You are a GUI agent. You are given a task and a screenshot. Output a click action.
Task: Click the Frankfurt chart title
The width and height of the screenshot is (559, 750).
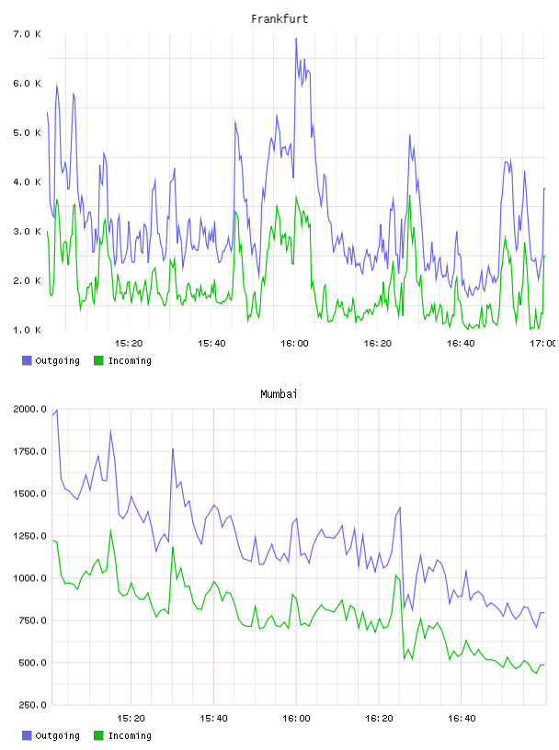[279, 18]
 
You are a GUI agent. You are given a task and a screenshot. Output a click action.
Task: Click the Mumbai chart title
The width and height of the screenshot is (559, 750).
[279, 393]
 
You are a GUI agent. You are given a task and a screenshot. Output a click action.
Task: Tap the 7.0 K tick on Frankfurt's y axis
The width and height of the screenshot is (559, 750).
[28, 34]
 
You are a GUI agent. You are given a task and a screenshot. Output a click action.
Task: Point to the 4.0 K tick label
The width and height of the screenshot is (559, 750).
[28, 182]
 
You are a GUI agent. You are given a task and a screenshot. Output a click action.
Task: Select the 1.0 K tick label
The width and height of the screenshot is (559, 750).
[28, 330]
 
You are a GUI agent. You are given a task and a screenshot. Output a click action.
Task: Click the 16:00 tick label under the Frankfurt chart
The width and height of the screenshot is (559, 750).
[294, 343]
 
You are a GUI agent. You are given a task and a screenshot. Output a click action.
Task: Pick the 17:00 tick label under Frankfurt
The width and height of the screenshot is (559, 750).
[543, 343]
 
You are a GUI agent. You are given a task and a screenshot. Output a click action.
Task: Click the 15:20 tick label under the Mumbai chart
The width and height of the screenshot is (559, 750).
[131, 718]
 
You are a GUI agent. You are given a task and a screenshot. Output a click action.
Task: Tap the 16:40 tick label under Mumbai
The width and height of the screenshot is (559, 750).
[462, 718]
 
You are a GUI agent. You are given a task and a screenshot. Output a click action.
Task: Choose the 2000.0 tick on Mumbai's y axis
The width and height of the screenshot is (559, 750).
[29, 409]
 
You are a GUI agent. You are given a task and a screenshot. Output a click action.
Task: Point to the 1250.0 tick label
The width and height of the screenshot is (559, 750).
[29, 536]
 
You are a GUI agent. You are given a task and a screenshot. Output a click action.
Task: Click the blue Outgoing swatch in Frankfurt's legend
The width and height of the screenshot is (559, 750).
[27, 360]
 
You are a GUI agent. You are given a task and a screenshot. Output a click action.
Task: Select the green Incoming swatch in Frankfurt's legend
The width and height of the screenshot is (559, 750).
[98, 360]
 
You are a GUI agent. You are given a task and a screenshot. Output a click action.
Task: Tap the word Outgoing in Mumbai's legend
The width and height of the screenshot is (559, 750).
[57, 735]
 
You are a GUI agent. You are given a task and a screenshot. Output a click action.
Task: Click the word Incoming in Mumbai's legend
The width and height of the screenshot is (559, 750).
[130, 735]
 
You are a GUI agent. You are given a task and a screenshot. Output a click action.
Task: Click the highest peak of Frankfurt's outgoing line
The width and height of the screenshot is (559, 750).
[296, 39]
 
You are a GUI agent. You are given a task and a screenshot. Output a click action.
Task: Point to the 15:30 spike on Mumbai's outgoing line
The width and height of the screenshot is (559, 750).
[173, 449]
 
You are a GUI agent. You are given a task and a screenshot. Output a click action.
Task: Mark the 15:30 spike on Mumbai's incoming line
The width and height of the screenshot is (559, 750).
[173, 547]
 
